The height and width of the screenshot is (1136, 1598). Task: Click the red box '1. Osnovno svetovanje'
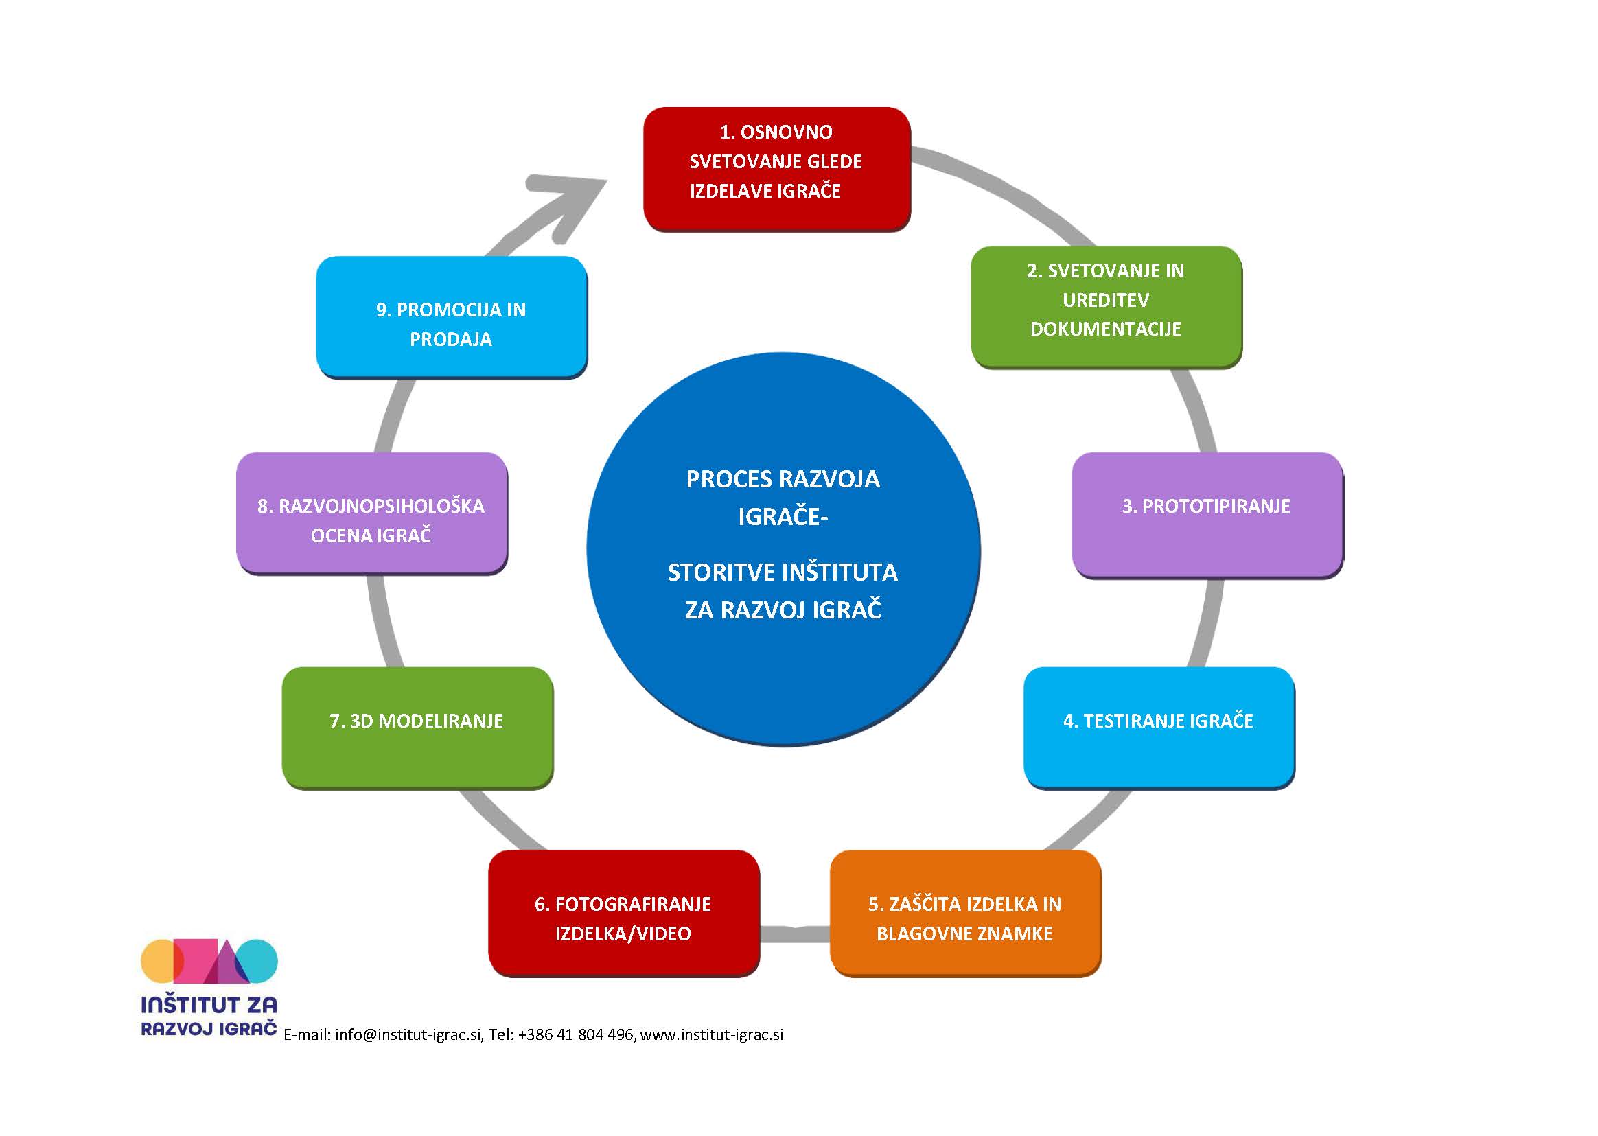coord(776,168)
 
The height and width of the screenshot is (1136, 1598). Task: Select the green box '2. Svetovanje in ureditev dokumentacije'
coord(1106,305)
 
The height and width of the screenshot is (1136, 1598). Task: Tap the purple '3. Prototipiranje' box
coord(1206,513)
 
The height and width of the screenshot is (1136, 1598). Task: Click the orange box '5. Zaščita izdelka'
coord(964,912)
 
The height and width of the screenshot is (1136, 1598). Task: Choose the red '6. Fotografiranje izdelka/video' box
coord(623,912)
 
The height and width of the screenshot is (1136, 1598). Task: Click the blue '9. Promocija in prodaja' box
coord(451,316)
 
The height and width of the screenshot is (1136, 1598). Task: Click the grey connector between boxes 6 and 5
coord(794,933)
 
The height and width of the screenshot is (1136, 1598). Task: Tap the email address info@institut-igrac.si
coord(408,1034)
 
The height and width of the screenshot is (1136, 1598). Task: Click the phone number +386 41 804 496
coord(575,1034)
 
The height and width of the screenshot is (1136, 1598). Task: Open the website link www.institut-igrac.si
coord(711,1034)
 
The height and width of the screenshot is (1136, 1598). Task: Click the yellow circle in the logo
coord(158,961)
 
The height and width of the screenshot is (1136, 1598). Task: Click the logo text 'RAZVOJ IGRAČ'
coord(209,1028)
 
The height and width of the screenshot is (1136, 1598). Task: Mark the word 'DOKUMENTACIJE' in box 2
coord(1105,329)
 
